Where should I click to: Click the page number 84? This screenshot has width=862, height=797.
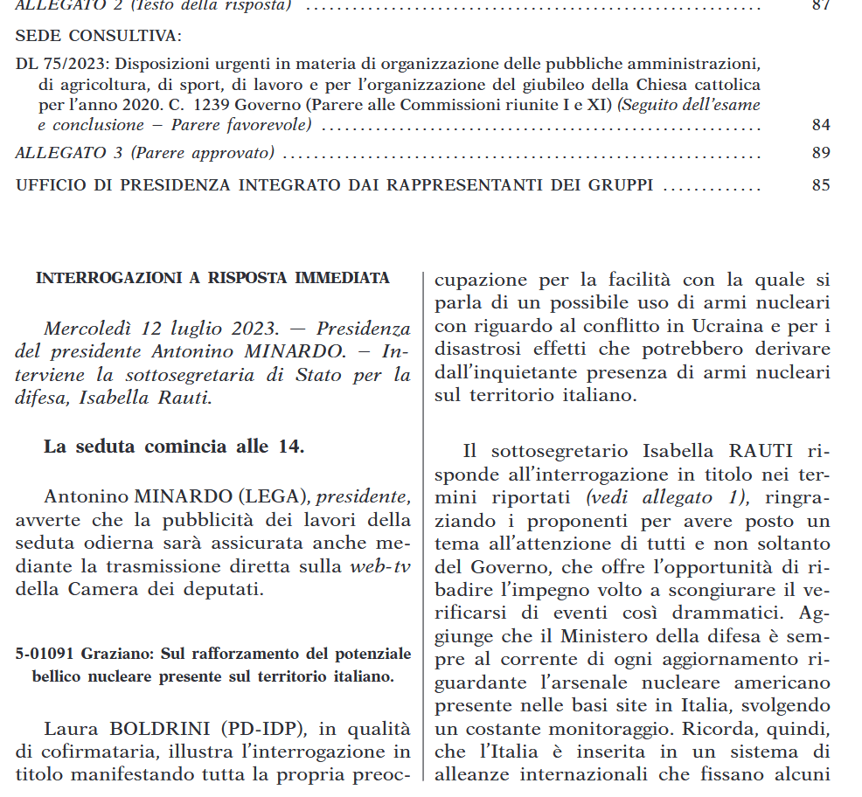pos(820,125)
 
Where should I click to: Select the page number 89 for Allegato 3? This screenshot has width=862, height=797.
pos(820,154)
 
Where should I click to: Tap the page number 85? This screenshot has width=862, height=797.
pos(820,185)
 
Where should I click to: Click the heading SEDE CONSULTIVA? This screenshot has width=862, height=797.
pos(98,37)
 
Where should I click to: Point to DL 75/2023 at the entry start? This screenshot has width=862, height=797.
pos(62,65)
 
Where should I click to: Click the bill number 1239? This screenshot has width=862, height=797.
pos(211,105)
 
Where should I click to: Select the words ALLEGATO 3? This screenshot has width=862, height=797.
pos(69,154)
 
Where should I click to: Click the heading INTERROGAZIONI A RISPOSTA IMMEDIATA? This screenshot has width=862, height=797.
pos(212,279)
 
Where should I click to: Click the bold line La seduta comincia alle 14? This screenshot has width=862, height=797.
pos(174,446)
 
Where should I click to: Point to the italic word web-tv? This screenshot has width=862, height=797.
pos(380,565)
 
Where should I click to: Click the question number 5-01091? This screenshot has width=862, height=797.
pos(48,654)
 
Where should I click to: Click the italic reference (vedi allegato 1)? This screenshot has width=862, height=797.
pos(666,497)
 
